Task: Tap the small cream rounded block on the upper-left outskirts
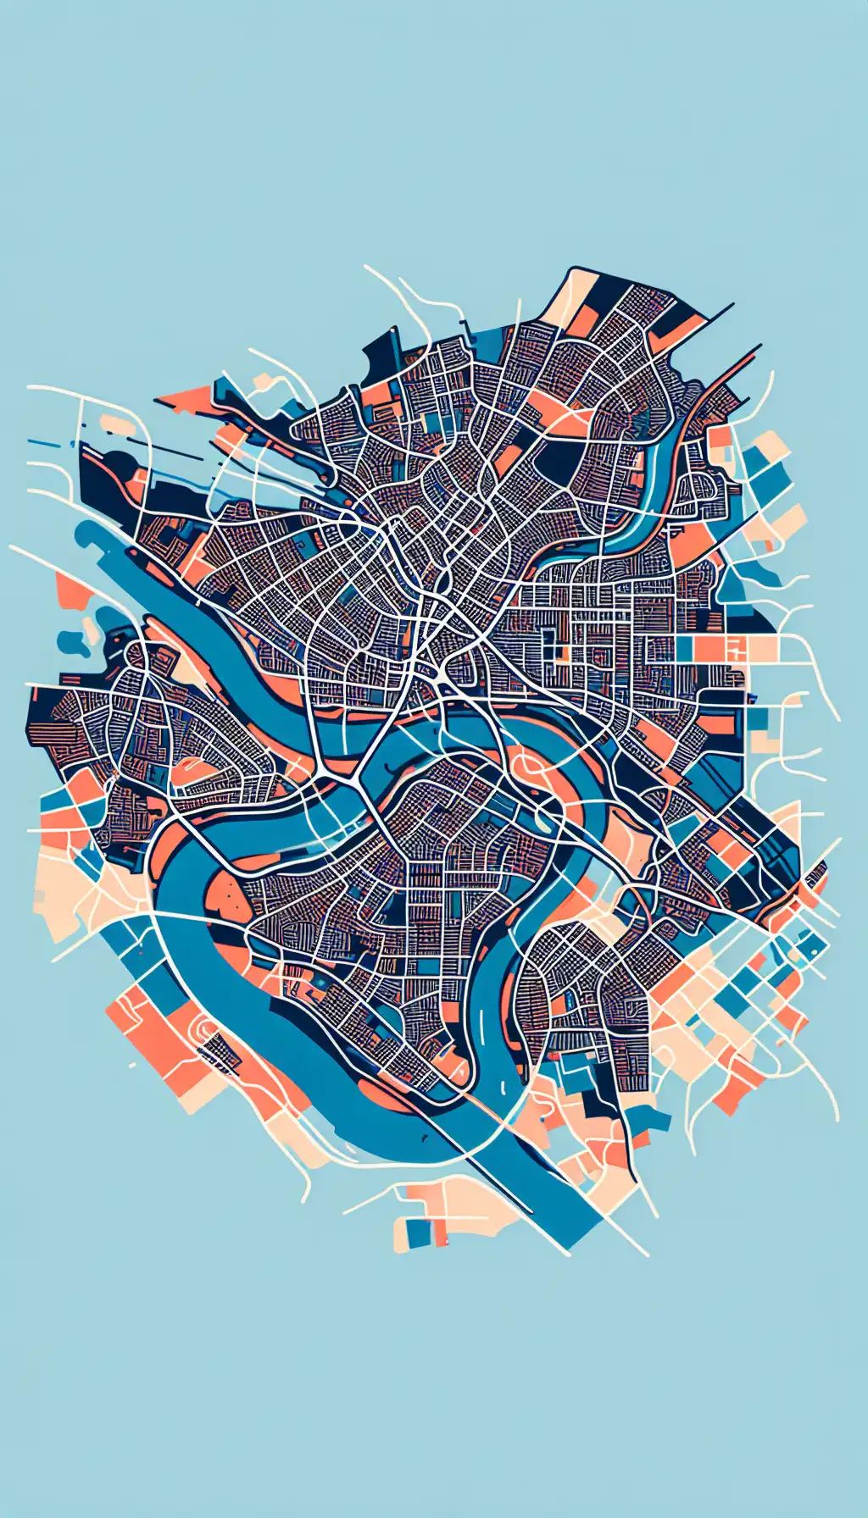click(114, 424)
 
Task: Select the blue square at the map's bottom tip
click(419, 1233)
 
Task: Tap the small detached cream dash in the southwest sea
click(131, 1064)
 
